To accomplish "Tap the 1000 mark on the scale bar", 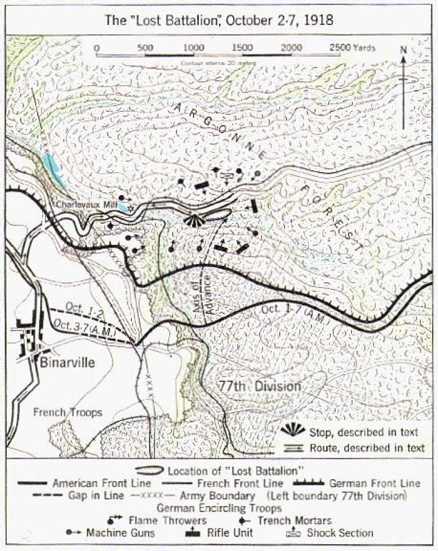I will click(193, 47).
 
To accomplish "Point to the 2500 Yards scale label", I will click(353, 47).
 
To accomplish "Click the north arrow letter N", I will click(403, 50).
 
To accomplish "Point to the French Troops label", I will click(67, 412).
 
